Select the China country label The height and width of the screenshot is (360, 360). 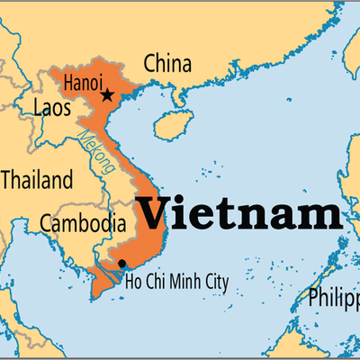168,65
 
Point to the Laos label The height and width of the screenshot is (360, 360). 52,111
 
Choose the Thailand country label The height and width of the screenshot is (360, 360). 36,180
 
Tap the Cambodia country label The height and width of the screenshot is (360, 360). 83,222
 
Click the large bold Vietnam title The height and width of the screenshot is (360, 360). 239,214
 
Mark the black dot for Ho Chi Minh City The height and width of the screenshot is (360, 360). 121,263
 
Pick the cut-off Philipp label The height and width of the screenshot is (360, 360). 333,298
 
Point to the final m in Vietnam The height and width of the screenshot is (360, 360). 322,217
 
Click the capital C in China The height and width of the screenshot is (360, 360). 151,65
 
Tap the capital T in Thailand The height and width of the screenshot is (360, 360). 6,180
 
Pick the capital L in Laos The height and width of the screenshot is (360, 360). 38,111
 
